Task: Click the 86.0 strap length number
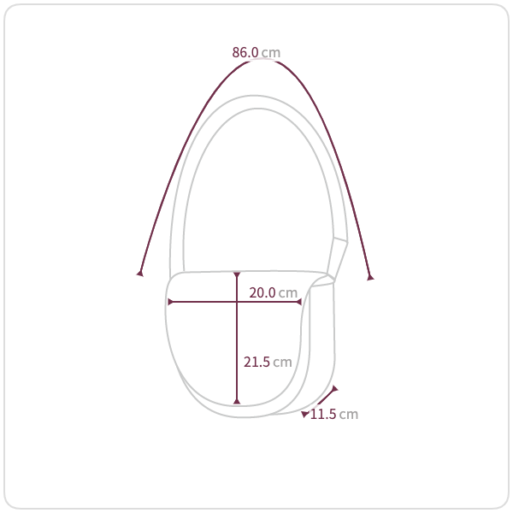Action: point(245,52)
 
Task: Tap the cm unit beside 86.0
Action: point(271,53)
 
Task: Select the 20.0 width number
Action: point(262,292)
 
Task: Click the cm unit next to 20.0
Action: point(288,293)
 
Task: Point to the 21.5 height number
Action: point(256,362)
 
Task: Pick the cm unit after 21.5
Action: point(282,363)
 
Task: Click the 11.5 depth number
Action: point(323,414)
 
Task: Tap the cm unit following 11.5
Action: point(349,415)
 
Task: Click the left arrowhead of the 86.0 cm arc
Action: point(140,273)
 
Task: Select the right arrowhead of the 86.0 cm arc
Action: point(370,277)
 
